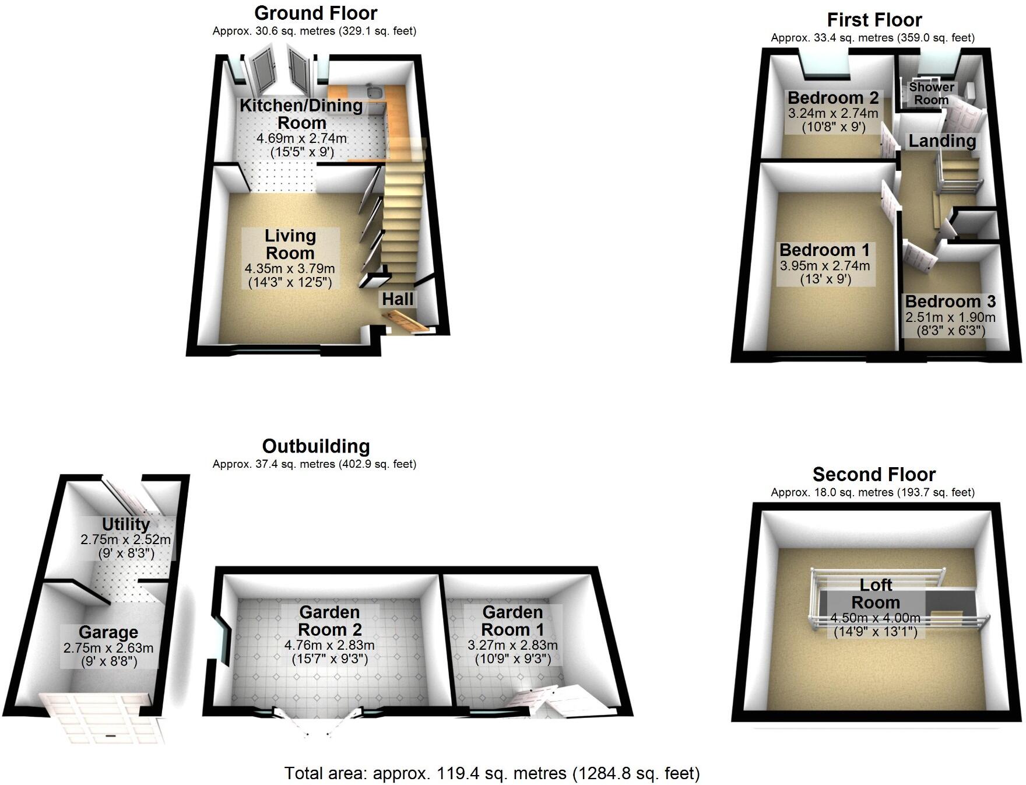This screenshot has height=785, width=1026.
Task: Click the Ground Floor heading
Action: coord(316,13)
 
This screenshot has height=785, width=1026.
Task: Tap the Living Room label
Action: coord(290,244)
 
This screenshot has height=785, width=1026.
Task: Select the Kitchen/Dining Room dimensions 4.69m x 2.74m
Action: coord(301,139)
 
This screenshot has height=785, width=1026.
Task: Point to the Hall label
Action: coord(398,299)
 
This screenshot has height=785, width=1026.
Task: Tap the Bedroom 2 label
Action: coord(832,97)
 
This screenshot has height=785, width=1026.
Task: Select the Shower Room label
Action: coord(932,93)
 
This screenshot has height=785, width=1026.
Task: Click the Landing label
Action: coord(942,141)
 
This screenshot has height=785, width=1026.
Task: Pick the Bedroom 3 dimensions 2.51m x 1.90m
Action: coord(950,318)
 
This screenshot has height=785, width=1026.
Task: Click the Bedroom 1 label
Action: coord(824,250)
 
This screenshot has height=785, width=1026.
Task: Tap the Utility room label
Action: coord(126,524)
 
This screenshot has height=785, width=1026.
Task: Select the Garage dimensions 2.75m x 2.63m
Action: coord(108,648)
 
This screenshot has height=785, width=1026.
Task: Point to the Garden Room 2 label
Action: coord(329,621)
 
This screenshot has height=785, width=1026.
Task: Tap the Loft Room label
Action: coord(876,593)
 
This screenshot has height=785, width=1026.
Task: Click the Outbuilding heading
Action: coord(316,446)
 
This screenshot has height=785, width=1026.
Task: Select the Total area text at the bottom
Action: coord(492,773)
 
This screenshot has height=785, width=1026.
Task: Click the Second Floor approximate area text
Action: coord(873,492)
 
